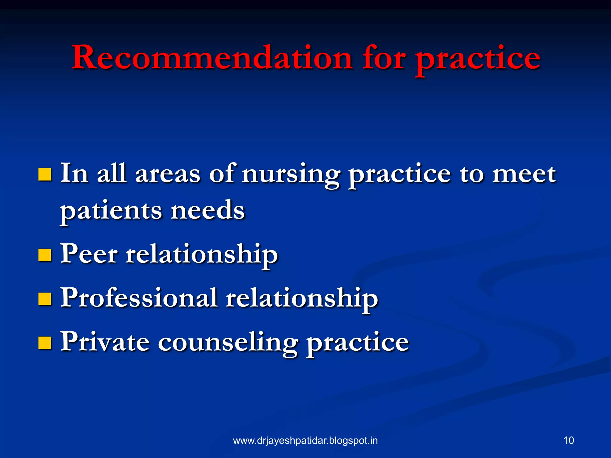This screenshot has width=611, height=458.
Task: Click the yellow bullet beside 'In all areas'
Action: point(45,175)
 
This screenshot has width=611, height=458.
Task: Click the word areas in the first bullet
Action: point(168,174)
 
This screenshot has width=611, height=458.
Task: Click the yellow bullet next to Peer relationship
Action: point(45,255)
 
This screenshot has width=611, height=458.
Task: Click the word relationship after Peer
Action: point(202,255)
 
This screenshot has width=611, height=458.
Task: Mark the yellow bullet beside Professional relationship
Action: point(45,299)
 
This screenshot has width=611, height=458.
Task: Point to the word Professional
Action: point(139,298)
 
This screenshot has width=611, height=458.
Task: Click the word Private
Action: point(105,342)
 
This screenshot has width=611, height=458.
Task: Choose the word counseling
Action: point(228,343)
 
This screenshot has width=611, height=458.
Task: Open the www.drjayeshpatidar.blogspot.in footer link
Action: point(305,440)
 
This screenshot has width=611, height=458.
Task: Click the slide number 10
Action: point(569,440)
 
